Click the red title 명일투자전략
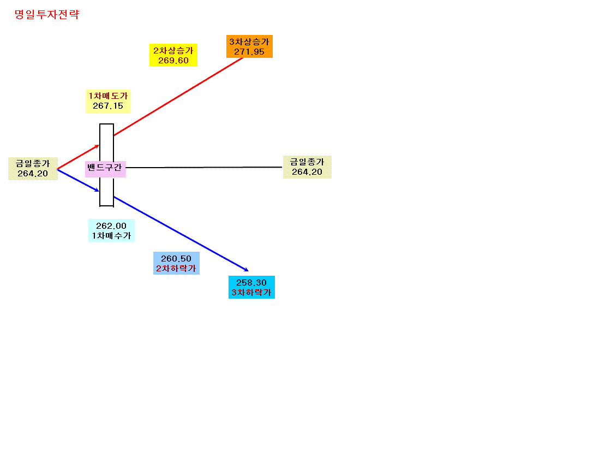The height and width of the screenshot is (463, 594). (x=46, y=14)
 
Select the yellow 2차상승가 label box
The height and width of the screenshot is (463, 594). (x=173, y=55)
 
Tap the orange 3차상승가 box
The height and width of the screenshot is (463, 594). (x=249, y=46)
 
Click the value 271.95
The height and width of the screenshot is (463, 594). (x=249, y=52)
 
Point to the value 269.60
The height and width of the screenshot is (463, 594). (x=173, y=61)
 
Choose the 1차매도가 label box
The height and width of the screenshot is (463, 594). (x=108, y=101)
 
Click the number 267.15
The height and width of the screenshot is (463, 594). (x=108, y=106)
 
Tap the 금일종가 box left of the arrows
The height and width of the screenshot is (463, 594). (x=33, y=169)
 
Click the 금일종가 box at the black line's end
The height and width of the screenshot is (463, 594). (x=307, y=167)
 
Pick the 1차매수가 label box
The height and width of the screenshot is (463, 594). (x=111, y=230)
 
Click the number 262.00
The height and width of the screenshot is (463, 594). (x=111, y=226)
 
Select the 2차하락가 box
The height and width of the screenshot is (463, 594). (x=176, y=263)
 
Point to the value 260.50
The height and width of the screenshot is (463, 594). (x=176, y=259)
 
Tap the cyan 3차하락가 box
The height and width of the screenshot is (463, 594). (x=251, y=287)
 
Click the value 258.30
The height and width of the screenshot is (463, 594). (x=251, y=282)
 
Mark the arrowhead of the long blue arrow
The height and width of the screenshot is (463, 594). (x=247, y=270)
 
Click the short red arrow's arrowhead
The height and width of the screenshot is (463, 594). (x=97, y=146)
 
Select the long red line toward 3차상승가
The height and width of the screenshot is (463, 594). (x=178, y=96)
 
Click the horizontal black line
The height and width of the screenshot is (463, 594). (x=204, y=167)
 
